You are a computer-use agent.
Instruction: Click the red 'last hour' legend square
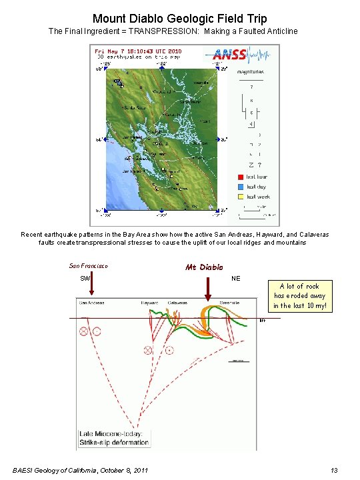pyautogui.click(x=240, y=177)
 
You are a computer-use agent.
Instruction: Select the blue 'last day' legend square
pyautogui.click(x=240, y=187)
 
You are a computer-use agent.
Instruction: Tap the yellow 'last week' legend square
pyautogui.click(x=240, y=197)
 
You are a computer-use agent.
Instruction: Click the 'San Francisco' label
pyautogui.click(x=89, y=266)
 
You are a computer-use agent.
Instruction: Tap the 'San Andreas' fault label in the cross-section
pyautogui.click(x=91, y=303)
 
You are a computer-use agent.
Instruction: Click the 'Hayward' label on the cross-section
pyautogui.click(x=149, y=303)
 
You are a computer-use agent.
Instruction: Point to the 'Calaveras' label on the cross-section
pyautogui.click(x=177, y=303)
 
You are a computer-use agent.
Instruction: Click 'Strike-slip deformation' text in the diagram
pyautogui.click(x=115, y=442)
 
